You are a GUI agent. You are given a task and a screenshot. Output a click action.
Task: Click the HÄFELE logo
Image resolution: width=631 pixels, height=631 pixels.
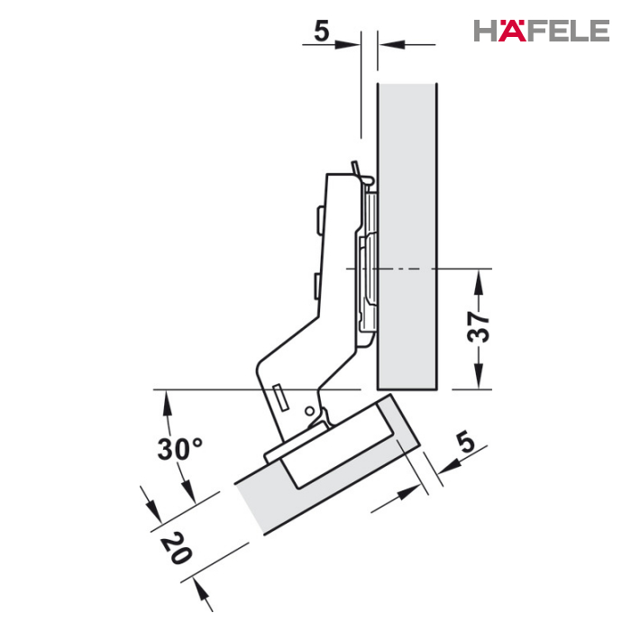tap(541, 31)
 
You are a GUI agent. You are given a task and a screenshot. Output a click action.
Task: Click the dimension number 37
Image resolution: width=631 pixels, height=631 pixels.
tap(479, 326)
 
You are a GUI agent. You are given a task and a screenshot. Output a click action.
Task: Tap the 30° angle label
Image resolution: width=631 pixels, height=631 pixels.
tap(179, 449)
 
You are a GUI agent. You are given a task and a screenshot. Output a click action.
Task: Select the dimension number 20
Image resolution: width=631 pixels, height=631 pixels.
tap(177, 547)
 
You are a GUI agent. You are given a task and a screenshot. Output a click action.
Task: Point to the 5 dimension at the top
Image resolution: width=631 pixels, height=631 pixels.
tap(321, 32)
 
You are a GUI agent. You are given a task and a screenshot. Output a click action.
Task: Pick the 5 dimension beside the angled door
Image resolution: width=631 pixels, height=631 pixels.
tap(466, 442)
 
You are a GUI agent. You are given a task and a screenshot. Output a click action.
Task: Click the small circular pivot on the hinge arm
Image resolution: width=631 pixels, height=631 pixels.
tap(309, 411)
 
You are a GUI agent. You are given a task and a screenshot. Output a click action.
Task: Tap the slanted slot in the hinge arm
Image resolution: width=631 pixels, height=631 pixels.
tap(279, 397)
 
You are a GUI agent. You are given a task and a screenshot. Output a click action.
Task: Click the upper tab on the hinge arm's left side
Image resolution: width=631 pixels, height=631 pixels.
tap(320, 220)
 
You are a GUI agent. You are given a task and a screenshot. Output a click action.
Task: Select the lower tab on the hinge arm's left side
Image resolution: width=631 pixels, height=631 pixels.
tap(316, 286)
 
